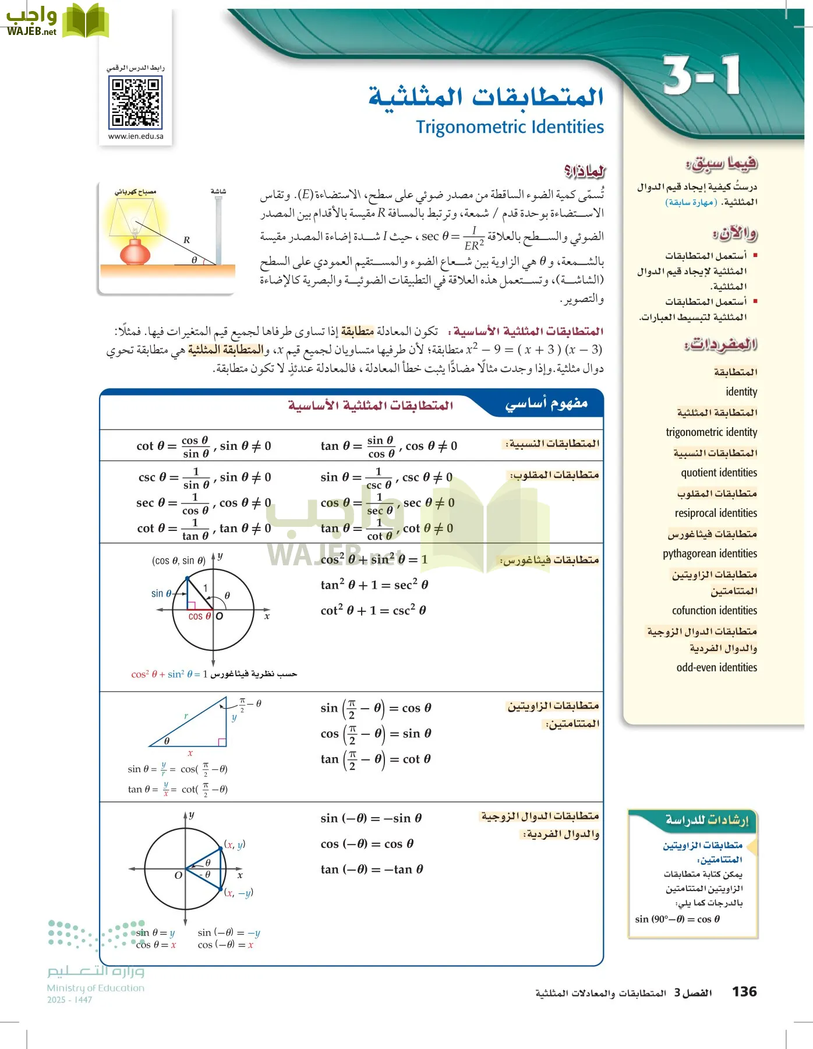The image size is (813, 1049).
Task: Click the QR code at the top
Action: [x=135, y=103]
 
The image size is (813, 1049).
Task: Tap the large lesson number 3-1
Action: [x=702, y=76]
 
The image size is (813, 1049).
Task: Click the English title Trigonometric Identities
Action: [x=510, y=127]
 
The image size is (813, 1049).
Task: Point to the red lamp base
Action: [x=135, y=254]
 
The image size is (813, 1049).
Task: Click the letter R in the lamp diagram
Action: [x=186, y=240]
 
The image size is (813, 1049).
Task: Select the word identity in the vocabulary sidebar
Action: [x=741, y=392]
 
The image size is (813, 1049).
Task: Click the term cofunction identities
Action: [x=714, y=610]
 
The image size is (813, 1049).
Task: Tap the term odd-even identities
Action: [x=716, y=667]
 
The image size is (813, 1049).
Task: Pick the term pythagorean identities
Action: [x=709, y=553]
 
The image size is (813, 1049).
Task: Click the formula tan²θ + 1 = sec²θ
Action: [x=374, y=585]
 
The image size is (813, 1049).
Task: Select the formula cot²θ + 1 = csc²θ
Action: [x=373, y=610]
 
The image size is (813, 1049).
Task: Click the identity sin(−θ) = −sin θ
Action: [x=370, y=818]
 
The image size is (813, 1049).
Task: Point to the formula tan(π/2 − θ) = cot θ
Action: [x=375, y=759]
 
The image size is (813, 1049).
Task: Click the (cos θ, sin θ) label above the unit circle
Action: [x=178, y=561]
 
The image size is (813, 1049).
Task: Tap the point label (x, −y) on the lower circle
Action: [x=239, y=893]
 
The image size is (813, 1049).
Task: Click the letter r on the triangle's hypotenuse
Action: [x=186, y=716]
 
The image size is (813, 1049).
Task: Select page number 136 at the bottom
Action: [x=744, y=992]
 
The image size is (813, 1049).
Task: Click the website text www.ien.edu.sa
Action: [x=136, y=136]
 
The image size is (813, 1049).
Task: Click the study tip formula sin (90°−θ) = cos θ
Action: [x=677, y=919]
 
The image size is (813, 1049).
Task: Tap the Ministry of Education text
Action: [x=96, y=988]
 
